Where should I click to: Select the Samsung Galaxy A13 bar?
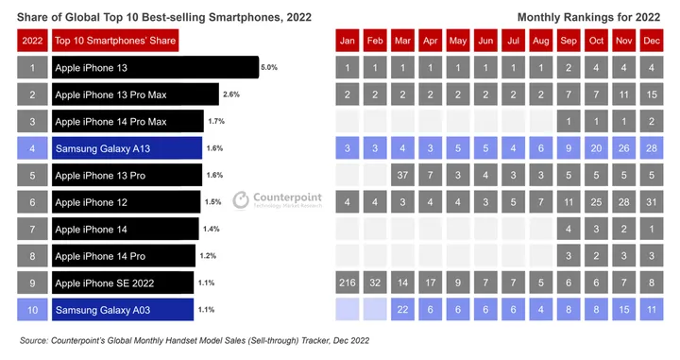(x=127, y=148)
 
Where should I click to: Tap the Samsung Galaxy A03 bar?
(x=122, y=310)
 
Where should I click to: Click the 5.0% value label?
(x=268, y=68)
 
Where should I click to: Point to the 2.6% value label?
(x=230, y=94)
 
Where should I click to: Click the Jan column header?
(x=348, y=41)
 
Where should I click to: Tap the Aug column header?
(x=542, y=41)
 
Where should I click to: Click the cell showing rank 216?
(x=348, y=283)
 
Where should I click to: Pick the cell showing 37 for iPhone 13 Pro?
(x=403, y=175)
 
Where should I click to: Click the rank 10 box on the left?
(x=32, y=310)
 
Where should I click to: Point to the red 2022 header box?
(x=32, y=41)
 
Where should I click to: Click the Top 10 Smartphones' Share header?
(x=114, y=41)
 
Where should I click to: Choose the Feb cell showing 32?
(x=375, y=283)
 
